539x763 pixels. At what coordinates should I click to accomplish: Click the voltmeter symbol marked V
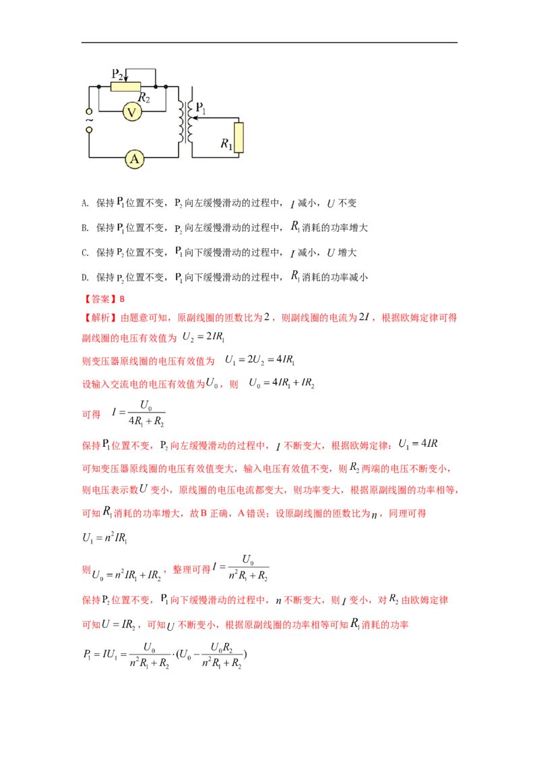pyautogui.click(x=132, y=113)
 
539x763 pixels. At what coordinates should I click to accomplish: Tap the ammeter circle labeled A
pyautogui.click(x=135, y=158)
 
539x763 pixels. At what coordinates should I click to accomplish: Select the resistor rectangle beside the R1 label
pyautogui.click(x=239, y=138)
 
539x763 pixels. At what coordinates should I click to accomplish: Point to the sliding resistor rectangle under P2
pyautogui.click(x=125, y=87)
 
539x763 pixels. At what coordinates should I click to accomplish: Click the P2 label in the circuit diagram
pyautogui.click(x=117, y=74)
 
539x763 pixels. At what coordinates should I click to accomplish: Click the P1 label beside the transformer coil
pyautogui.click(x=200, y=108)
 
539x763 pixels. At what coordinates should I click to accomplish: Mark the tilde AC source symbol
pyautogui.click(x=89, y=120)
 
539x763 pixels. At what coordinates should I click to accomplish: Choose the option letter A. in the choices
pyautogui.click(x=85, y=204)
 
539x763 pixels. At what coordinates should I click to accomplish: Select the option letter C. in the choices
pyautogui.click(x=85, y=253)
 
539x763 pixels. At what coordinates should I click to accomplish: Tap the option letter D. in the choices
pyautogui.click(x=85, y=278)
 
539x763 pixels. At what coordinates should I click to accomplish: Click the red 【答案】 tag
pyautogui.click(x=100, y=299)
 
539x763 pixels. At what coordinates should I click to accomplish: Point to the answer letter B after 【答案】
pyautogui.click(x=122, y=299)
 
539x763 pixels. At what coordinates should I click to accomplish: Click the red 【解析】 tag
pyautogui.click(x=100, y=317)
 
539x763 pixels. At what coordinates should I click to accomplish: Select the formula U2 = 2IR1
pyautogui.click(x=203, y=337)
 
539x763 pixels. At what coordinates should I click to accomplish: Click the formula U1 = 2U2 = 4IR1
pyautogui.click(x=260, y=360)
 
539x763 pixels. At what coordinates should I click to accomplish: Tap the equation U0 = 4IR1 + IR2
pyautogui.click(x=282, y=383)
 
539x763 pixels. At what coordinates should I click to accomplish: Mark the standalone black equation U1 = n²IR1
pyautogui.click(x=104, y=538)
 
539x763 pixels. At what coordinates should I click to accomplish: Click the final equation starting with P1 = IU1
pyautogui.click(x=165, y=655)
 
